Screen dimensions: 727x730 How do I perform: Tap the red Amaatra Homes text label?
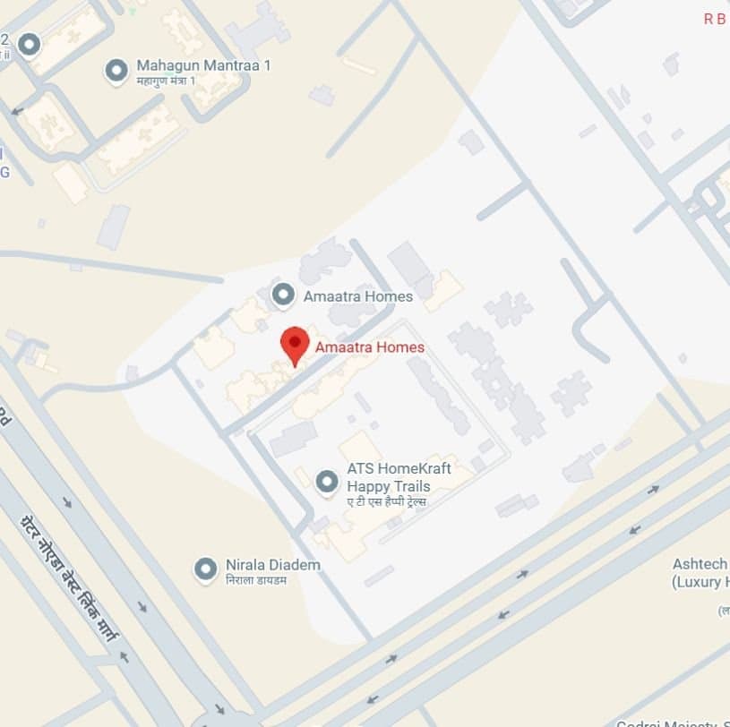tap(369, 347)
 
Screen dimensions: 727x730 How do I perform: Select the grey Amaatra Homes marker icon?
tap(283, 294)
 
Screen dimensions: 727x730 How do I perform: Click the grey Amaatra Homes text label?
tap(358, 296)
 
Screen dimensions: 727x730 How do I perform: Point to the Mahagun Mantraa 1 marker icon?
tap(116, 70)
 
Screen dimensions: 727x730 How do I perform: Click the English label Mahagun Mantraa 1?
tap(203, 66)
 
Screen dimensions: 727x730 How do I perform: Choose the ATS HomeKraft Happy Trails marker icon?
tap(327, 482)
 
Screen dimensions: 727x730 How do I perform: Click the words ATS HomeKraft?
tap(399, 469)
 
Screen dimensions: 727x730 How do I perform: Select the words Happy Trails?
tap(389, 486)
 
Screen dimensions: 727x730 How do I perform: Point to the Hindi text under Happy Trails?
tap(386, 501)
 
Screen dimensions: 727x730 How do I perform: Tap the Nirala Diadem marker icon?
tap(206, 569)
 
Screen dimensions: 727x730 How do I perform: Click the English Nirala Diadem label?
tap(272, 565)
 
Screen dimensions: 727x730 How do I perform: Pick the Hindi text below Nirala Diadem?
tap(256, 580)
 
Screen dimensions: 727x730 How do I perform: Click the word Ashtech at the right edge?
tap(700, 565)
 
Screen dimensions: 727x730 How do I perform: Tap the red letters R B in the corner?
tap(715, 20)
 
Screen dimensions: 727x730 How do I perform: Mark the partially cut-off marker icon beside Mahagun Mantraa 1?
tap(30, 44)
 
